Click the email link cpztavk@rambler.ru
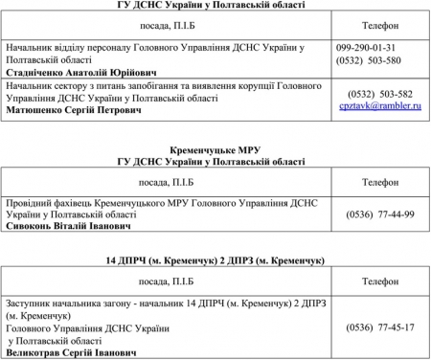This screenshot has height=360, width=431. click(380, 105)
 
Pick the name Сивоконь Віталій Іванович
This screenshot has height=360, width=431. click(63, 227)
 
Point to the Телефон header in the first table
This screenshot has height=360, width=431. click(381, 23)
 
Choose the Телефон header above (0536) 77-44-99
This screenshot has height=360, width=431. click(381, 182)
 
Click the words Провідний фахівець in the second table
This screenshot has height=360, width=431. click(45, 202)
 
